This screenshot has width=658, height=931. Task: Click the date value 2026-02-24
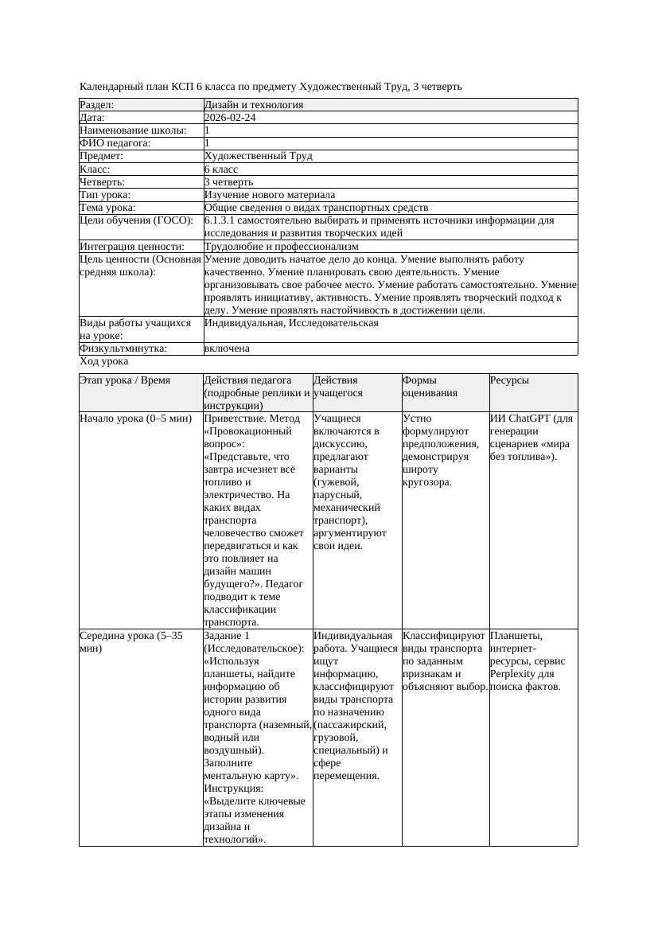[230, 118]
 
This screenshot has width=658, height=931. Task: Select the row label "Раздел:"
[97, 105]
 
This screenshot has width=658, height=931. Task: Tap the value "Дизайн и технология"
[253, 105]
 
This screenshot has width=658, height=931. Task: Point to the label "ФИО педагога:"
[115, 143]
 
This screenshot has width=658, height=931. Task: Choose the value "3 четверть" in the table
[228, 182]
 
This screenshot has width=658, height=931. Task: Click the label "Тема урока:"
[107, 208]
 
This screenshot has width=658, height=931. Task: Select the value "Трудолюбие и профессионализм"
[281, 247]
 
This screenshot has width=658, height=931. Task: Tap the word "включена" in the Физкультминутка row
[227, 349]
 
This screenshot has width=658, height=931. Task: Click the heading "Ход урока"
[104, 361]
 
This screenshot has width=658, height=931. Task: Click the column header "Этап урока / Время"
[125, 381]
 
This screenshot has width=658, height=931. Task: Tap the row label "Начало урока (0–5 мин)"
[136, 419]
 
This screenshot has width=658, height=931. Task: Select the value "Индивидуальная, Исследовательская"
[291, 323]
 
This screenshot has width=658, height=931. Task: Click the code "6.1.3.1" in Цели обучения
[220, 220]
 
